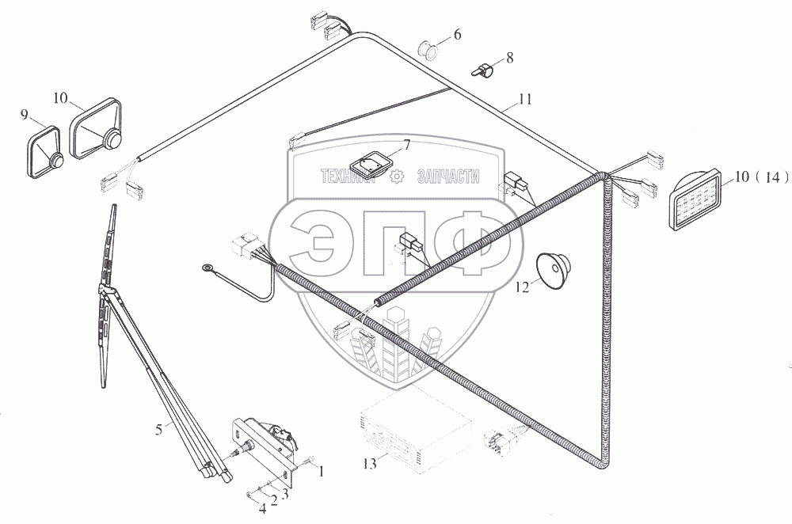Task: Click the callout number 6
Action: (457, 35)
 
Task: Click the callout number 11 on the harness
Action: (525, 99)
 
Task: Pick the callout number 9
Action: (25, 115)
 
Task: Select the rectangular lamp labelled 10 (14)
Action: (696, 200)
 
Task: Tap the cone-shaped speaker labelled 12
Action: (553, 270)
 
